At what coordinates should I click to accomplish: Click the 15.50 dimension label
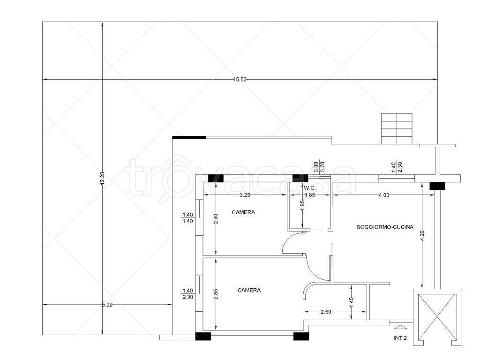[240, 80]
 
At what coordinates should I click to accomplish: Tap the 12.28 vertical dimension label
[102, 178]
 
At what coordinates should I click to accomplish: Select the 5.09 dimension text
[107, 305]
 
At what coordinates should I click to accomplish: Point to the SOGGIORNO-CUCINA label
[385, 227]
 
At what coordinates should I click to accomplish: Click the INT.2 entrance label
[400, 338]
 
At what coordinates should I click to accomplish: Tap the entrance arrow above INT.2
[400, 327]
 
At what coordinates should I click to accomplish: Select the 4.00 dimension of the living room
[384, 195]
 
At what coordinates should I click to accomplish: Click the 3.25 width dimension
[245, 195]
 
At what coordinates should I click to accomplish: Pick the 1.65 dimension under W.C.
[310, 195]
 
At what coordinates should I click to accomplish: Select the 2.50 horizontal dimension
[326, 312]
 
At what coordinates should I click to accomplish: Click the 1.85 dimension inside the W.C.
[302, 205]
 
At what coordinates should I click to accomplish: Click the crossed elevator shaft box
[437, 317]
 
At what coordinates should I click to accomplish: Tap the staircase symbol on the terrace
[397, 128]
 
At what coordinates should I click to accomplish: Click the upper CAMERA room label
[243, 212]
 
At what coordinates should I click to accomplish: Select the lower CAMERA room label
[249, 290]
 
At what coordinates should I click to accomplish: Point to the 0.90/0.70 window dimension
[319, 167]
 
